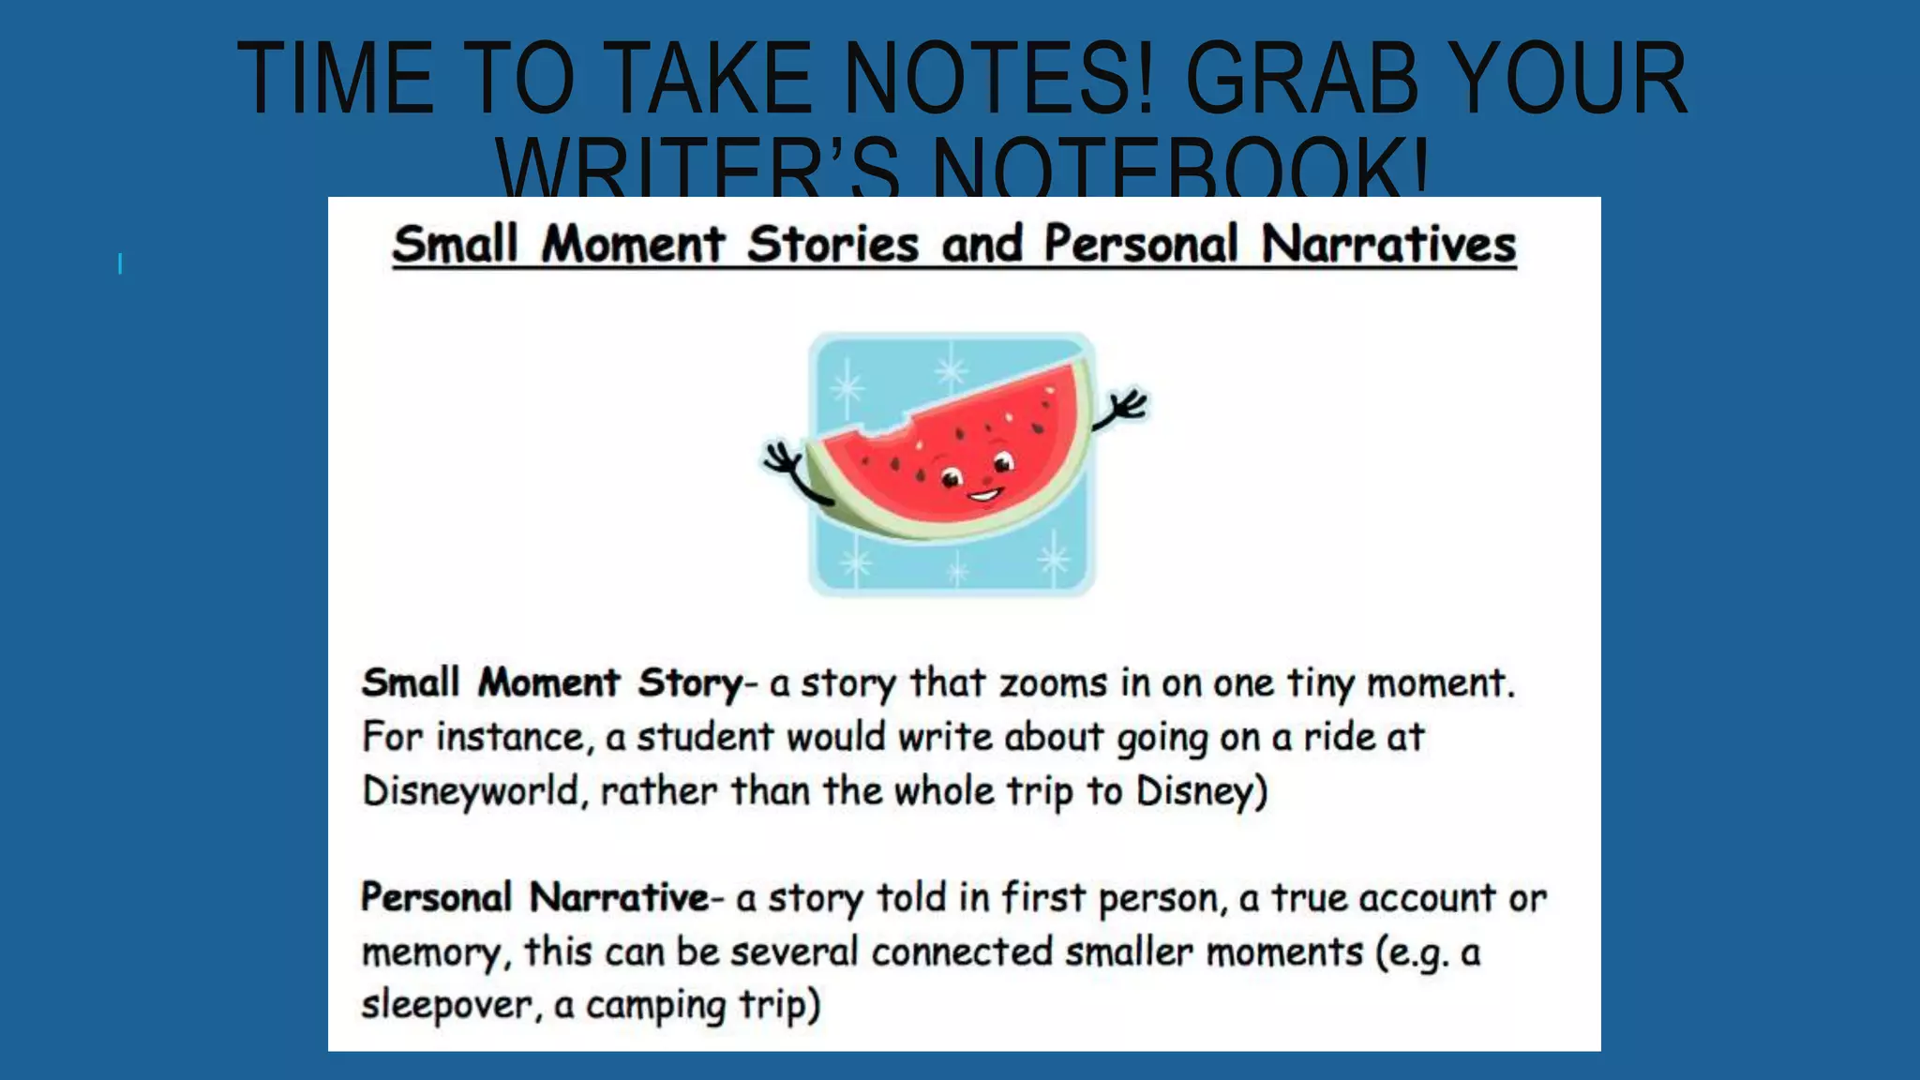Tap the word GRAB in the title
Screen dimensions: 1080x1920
coord(1303,80)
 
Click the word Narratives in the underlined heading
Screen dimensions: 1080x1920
coord(1388,246)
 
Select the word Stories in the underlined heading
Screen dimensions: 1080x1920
coord(832,246)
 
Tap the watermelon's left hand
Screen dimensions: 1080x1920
coord(780,459)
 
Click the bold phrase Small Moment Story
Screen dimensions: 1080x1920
coord(551,683)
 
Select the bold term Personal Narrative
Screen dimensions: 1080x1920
coord(534,898)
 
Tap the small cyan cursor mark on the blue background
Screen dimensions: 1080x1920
coord(120,263)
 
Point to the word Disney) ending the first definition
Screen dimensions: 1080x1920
coord(1201,792)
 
